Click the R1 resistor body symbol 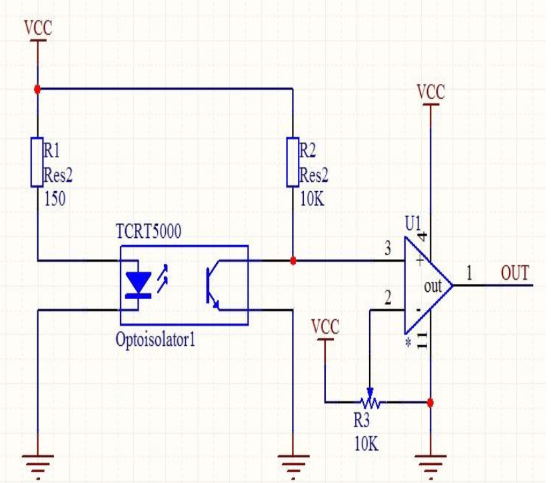click(x=37, y=162)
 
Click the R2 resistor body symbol click(x=292, y=162)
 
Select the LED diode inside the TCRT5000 click(x=138, y=284)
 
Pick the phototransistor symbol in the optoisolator click(x=214, y=285)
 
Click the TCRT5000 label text click(x=149, y=231)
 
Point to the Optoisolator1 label click(x=155, y=340)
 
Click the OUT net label click(x=514, y=273)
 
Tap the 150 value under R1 click(x=55, y=199)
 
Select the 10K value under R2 click(x=312, y=199)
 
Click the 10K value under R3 click(x=366, y=444)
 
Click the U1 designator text click(x=413, y=223)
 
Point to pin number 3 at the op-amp click(x=387, y=248)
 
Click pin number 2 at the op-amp click(x=387, y=298)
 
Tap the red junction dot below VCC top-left click(x=37, y=89)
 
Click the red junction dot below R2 click(x=292, y=260)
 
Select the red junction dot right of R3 click(x=430, y=402)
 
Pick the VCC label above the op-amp click(x=431, y=93)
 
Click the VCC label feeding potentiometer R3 click(x=325, y=327)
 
